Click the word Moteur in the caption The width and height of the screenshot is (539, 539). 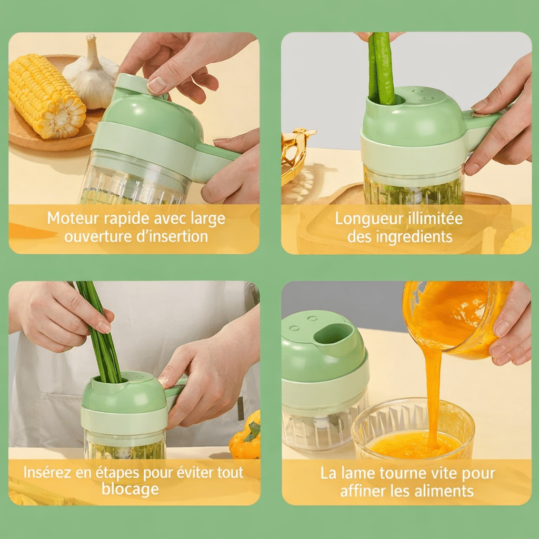click(x=73, y=218)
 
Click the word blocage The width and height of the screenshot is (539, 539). click(x=131, y=489)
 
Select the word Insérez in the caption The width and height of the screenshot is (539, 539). click(x=47, y=472)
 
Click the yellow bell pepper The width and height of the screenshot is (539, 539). click(x=245, y=437)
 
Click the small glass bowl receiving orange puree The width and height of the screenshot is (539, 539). click(x=413, y=428)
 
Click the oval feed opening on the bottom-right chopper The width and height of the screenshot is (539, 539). click(x=333, y=334)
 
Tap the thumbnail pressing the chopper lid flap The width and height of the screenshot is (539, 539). click(x=157, y=85)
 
